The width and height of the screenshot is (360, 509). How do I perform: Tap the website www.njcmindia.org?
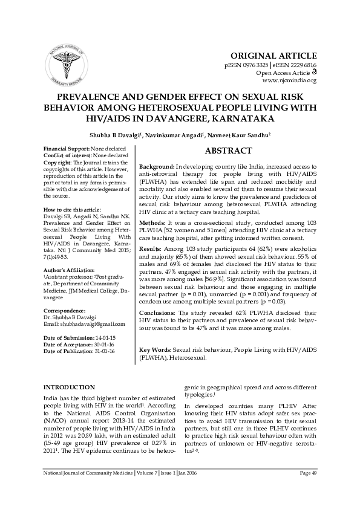tap(289, 80)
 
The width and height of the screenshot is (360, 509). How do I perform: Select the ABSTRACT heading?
tap(228, 151)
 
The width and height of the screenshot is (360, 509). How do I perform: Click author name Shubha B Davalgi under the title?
tap(115, 134)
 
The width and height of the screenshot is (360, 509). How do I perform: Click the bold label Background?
tap(157, 166)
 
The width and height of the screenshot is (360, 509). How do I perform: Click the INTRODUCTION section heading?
tap(69, 387)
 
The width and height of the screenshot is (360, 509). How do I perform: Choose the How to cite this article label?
tap(68, 209)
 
